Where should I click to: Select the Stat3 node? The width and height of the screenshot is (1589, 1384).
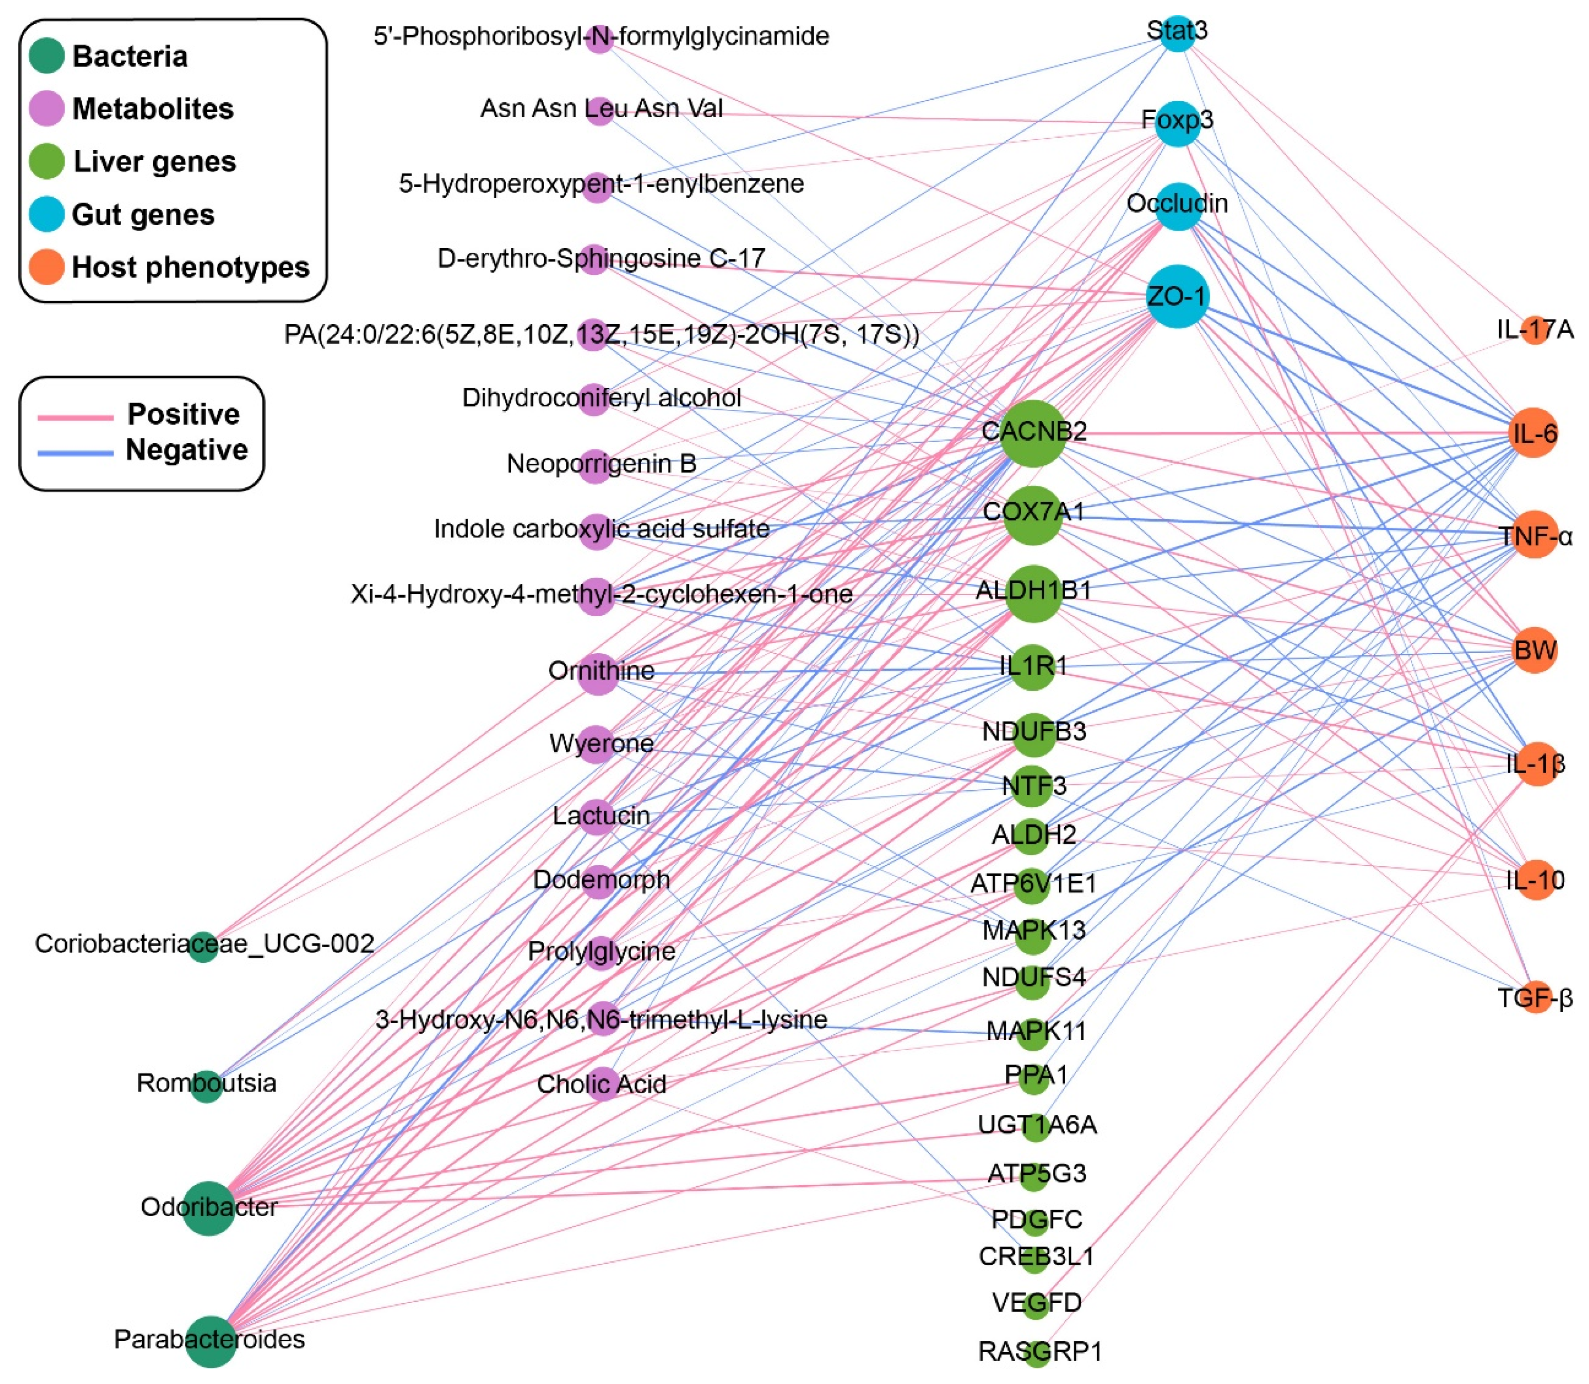click(x=1177, y=34)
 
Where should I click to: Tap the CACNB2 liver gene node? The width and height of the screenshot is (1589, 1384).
click(x=1033, y=433)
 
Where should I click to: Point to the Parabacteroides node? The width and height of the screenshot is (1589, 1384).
click(x=210, y=1342)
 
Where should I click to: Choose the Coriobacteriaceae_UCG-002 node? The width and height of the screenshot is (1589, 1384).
click(x=203, y=946)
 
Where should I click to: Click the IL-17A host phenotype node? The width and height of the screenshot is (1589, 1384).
click(x=1535, y=330)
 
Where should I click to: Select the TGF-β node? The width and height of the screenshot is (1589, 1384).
click(x=1535, y=998)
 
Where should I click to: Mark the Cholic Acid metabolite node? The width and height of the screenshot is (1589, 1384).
click(x=601, y=1084)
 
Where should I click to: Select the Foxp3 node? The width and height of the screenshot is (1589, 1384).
click(x=1177, y=123)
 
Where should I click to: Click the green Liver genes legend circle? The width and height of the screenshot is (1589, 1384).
click(x=46, y=162)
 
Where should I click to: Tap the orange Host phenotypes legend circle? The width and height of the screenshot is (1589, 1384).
click(x=46, y=267)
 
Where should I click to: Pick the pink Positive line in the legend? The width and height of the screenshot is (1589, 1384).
click(x=75, y=417)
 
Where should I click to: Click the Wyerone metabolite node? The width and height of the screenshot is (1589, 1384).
click(x=597, y=745)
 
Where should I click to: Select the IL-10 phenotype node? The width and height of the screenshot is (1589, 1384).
click(x=1535, y=880)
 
